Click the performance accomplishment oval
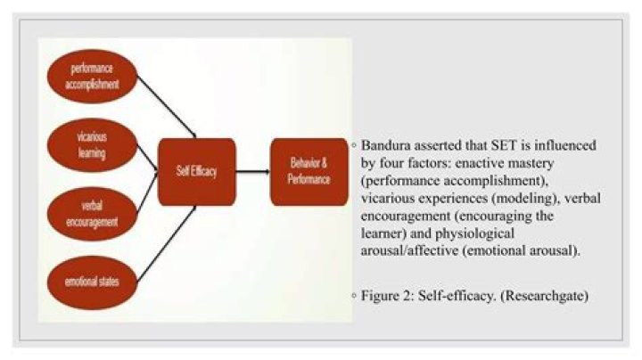[x=92, y=77]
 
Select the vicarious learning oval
[x=92, y=145]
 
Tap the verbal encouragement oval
[x=92, y=214]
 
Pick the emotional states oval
[x=92, y=282]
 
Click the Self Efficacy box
[x=197, y=172]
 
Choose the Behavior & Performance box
[x=309, y=172]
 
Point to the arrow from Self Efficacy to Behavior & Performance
[x=253, y=172]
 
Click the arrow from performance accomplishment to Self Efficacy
[x=167, y=107]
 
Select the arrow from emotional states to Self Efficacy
[x=167, y=244]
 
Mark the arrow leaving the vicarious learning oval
[x=147, y=157]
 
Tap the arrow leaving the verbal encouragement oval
[x=147, y=192]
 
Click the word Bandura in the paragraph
[x=386, y=145]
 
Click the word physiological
[x=474, y=234]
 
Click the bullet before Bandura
[x=354, y=145]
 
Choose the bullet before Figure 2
[x=354, y=295]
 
